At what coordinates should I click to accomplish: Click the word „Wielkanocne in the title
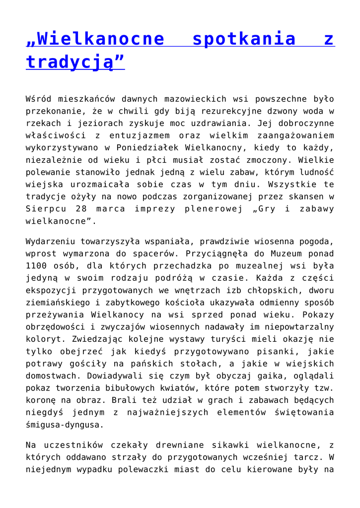click(x=95, y=39)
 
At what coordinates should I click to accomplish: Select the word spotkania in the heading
click(x=244, y=39)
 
